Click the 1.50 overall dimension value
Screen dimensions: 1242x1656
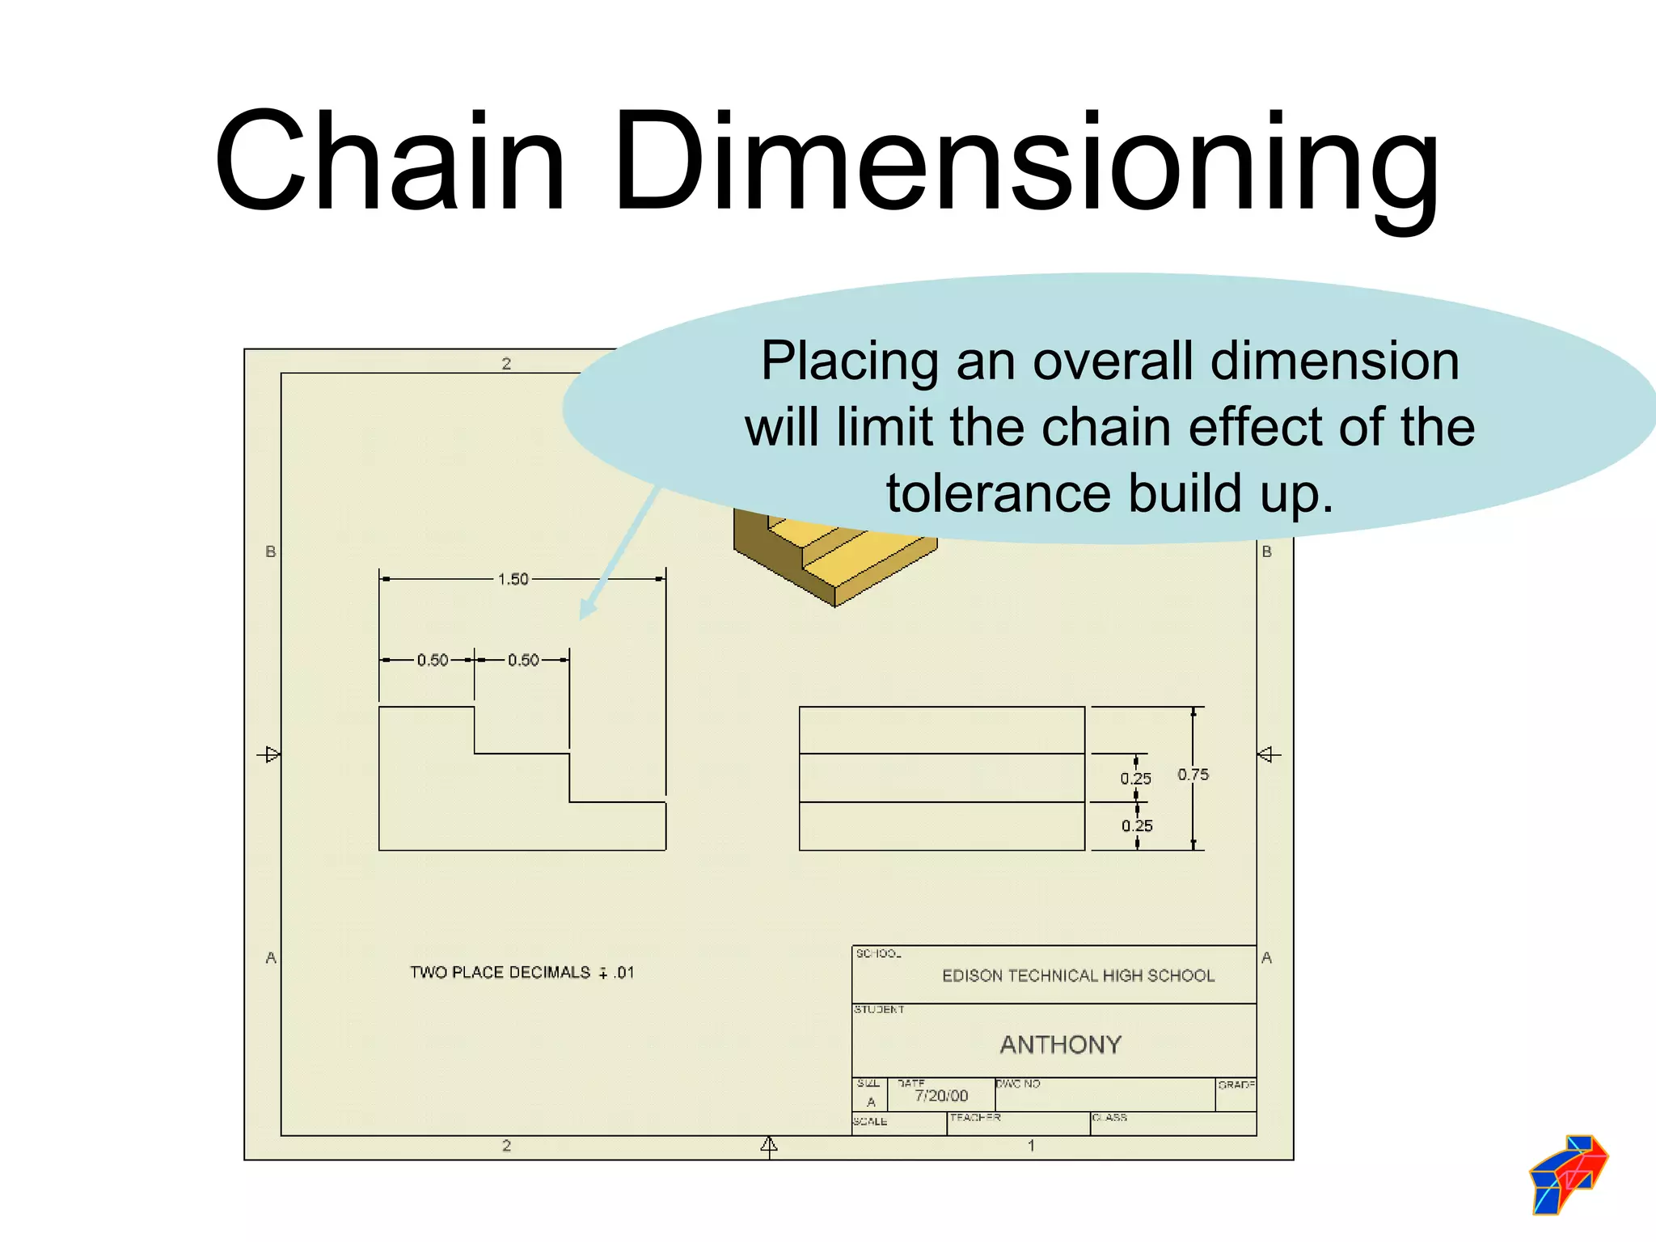[513, 579]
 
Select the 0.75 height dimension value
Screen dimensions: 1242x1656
[1193, 775]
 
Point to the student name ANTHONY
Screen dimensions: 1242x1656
[1061, 1045]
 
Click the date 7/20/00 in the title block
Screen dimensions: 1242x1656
[941, 1096]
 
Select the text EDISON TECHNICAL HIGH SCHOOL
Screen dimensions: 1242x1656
[1078, 976]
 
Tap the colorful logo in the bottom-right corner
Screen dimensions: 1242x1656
[1569, 1174]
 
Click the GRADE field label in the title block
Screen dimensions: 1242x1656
[1236, 1084]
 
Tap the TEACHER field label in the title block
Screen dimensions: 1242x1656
[975, 1117]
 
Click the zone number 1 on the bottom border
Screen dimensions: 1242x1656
[1031, 1145]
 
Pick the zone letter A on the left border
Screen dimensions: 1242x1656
[271, 957]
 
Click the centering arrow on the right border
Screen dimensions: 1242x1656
[1268, 754]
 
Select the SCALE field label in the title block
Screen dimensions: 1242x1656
[870, 1122]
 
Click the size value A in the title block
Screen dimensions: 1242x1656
[871, 1102]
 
